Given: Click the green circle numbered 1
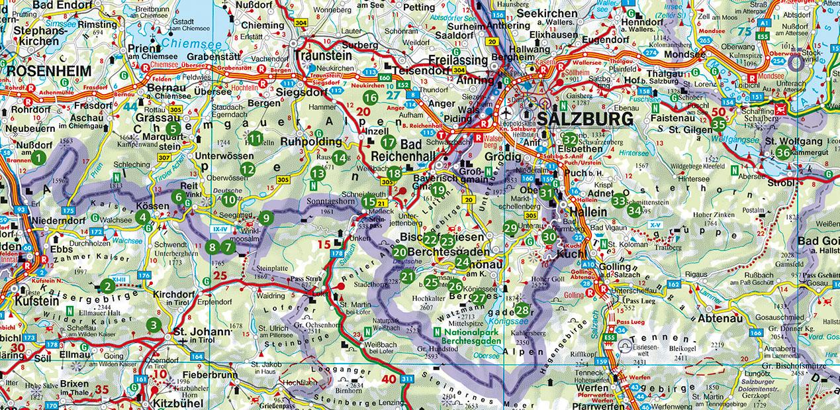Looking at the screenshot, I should click(38, 158).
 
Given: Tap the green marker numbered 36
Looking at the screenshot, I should click(783, 152).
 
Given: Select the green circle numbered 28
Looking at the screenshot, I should click(522, 309).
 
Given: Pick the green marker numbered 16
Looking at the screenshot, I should click(370, 97).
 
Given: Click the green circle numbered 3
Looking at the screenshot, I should click(154, 325).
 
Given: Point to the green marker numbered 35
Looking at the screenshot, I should click(718, 123).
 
